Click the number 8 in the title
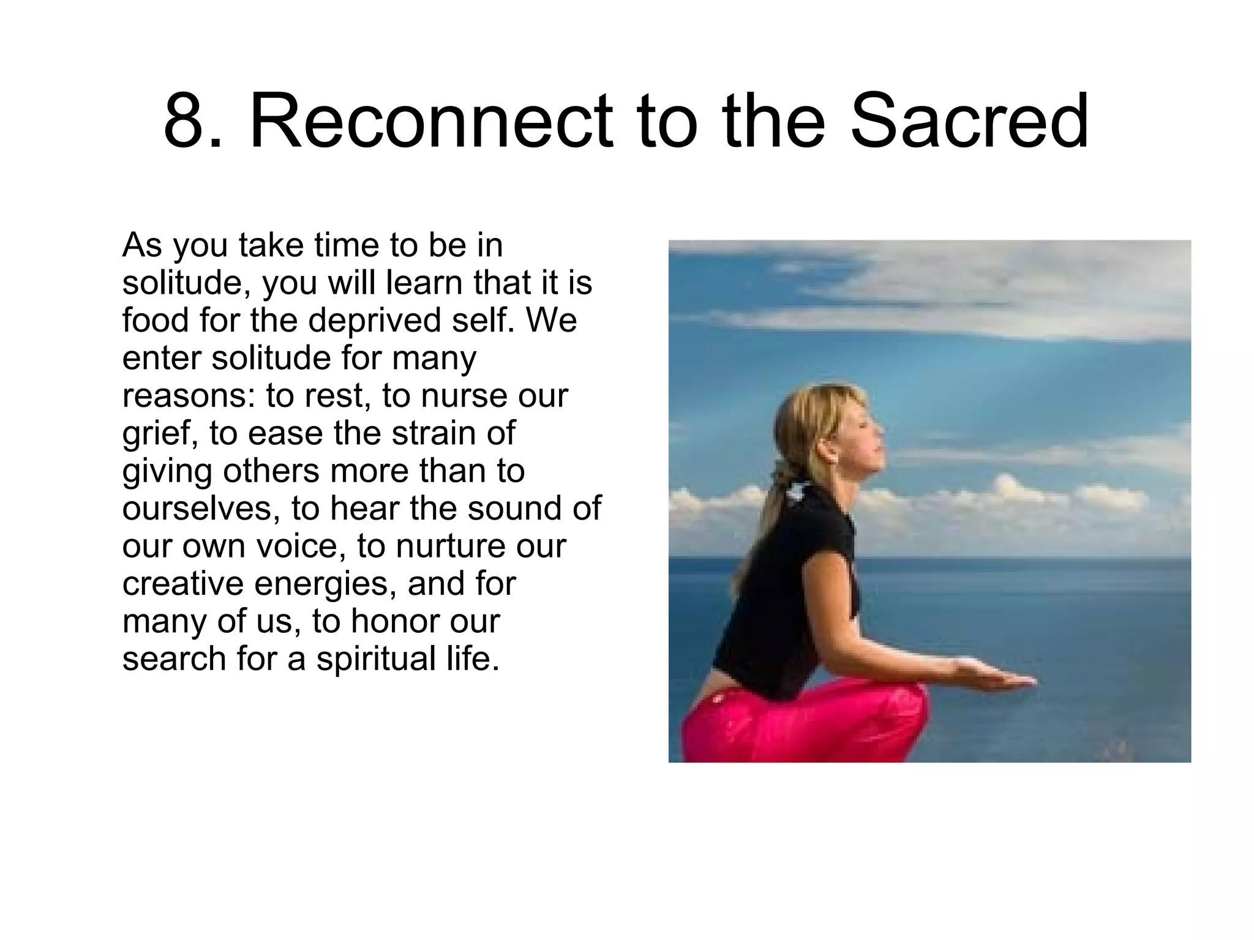click(x=186, y=121)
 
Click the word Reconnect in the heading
click(x=431, y=121)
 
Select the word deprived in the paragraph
click(x=374, y=320)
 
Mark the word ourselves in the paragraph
click(x=200, y=509)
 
